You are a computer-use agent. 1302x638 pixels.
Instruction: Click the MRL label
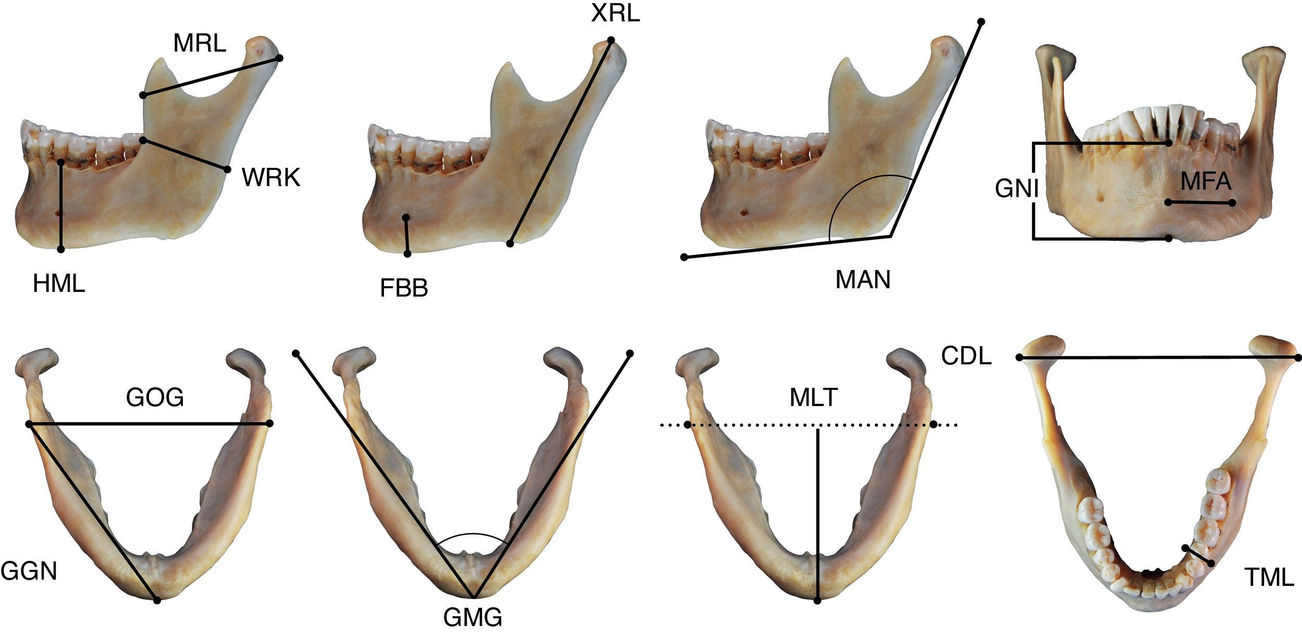(200, 43)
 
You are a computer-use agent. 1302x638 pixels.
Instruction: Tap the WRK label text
(271, 178)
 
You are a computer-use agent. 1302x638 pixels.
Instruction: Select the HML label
(58, 285)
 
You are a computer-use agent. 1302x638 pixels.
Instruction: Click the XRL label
(615, 14)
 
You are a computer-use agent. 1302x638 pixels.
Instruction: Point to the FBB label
(404, 288)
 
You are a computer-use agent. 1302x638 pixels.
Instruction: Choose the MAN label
(863, 280)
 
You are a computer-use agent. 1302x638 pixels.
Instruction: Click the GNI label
(1016, 189)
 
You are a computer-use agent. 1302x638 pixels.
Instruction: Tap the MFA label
(1206, 181)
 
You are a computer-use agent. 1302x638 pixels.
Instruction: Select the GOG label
(155, 398)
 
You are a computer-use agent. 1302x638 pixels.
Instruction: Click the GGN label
(29, 571)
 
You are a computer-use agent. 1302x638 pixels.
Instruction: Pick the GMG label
(473, 618)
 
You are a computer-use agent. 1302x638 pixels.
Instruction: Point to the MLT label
(813, 398)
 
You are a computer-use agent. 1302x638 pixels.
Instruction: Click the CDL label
(966, 356)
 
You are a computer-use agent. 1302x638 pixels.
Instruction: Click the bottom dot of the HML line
(61, 250)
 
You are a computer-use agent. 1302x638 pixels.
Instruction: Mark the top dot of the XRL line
(611, 40)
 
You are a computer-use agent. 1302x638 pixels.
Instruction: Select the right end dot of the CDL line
(1298, 358)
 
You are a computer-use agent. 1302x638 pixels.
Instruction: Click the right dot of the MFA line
(1232, 203)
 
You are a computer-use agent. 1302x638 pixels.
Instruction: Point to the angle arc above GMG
(472, 534)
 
